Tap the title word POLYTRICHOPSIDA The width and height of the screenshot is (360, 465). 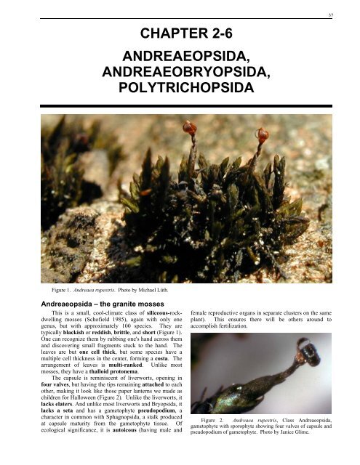pos(180,89)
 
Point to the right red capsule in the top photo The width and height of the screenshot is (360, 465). pos(261,134)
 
